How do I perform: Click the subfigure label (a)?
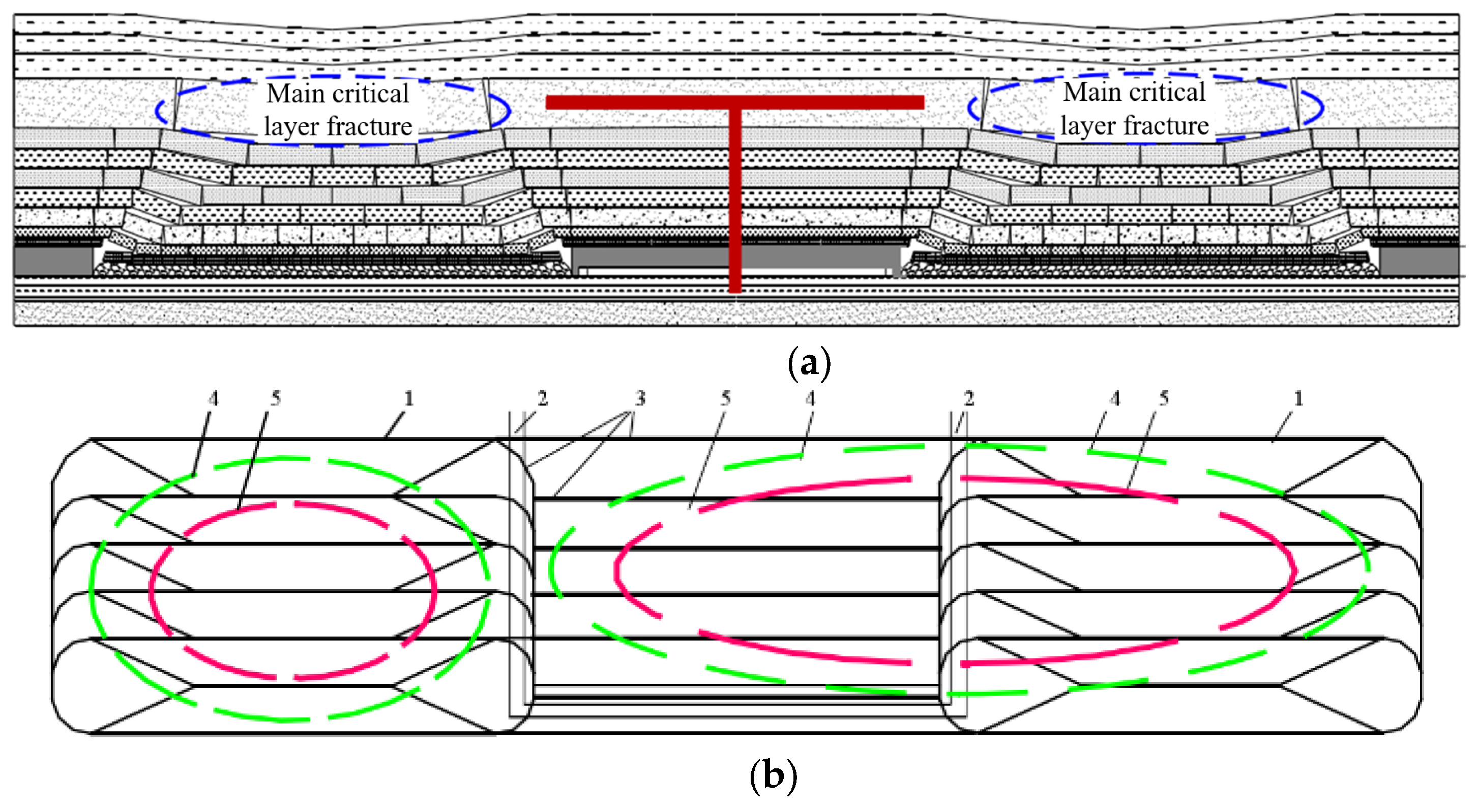coord(809,363)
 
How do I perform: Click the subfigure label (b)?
coord(773,775)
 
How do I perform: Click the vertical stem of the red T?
coord(735,201)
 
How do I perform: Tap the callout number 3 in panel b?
coord(640,398)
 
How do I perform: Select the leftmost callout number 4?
coord(214,398)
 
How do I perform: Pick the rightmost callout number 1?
coord(1298,398)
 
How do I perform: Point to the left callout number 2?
coord(542,398)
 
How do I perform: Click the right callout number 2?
coord(968,398)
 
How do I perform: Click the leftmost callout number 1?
coord(408,398)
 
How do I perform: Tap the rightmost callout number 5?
coord(1164,398)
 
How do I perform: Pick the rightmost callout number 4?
coord(1115,398)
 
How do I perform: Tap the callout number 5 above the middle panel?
coord(726,398)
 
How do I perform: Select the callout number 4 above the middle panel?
coord(810,398)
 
